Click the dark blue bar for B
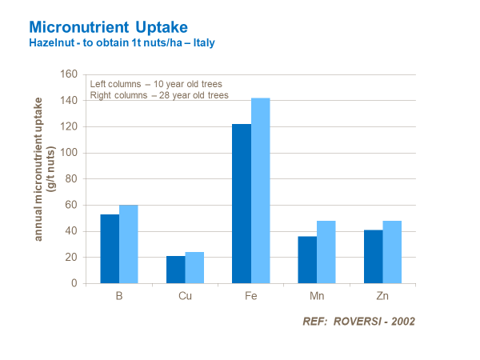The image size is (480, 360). [110, 249]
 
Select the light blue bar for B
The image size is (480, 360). [129, 244]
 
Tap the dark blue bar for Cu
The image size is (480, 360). [175, 270]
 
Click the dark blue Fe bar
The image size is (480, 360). [242, 203]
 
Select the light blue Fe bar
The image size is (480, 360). [261, 190]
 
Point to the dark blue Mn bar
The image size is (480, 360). [307, 259]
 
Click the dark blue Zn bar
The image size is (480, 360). [373, 256]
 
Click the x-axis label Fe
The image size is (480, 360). [251, 296]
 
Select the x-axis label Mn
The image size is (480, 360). [317, 296]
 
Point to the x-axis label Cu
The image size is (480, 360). [185, 296]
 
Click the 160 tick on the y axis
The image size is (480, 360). [69, 74]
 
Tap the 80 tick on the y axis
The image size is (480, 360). [71, 179]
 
